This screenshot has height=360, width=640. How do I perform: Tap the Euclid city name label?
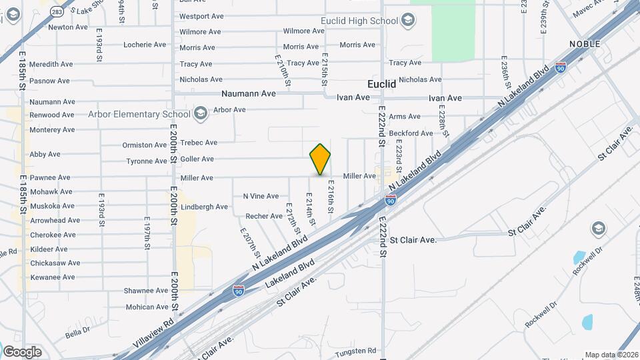[382, 85]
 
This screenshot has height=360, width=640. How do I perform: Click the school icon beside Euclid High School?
[407, 21]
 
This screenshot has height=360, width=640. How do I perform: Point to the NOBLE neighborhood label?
[585, 44]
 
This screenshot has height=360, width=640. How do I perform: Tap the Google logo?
[22, 351]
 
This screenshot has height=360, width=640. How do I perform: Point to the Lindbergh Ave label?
[205, 207]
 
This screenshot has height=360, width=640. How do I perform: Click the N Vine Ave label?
[261, 196]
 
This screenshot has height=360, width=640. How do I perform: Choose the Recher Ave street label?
[264, 216]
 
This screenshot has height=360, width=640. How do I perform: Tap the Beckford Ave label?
[411, 133]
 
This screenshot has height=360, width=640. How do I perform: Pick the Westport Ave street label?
[201, 16]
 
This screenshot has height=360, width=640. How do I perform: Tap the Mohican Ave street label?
[148, 307]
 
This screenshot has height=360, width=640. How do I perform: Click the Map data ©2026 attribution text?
[611, 355]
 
